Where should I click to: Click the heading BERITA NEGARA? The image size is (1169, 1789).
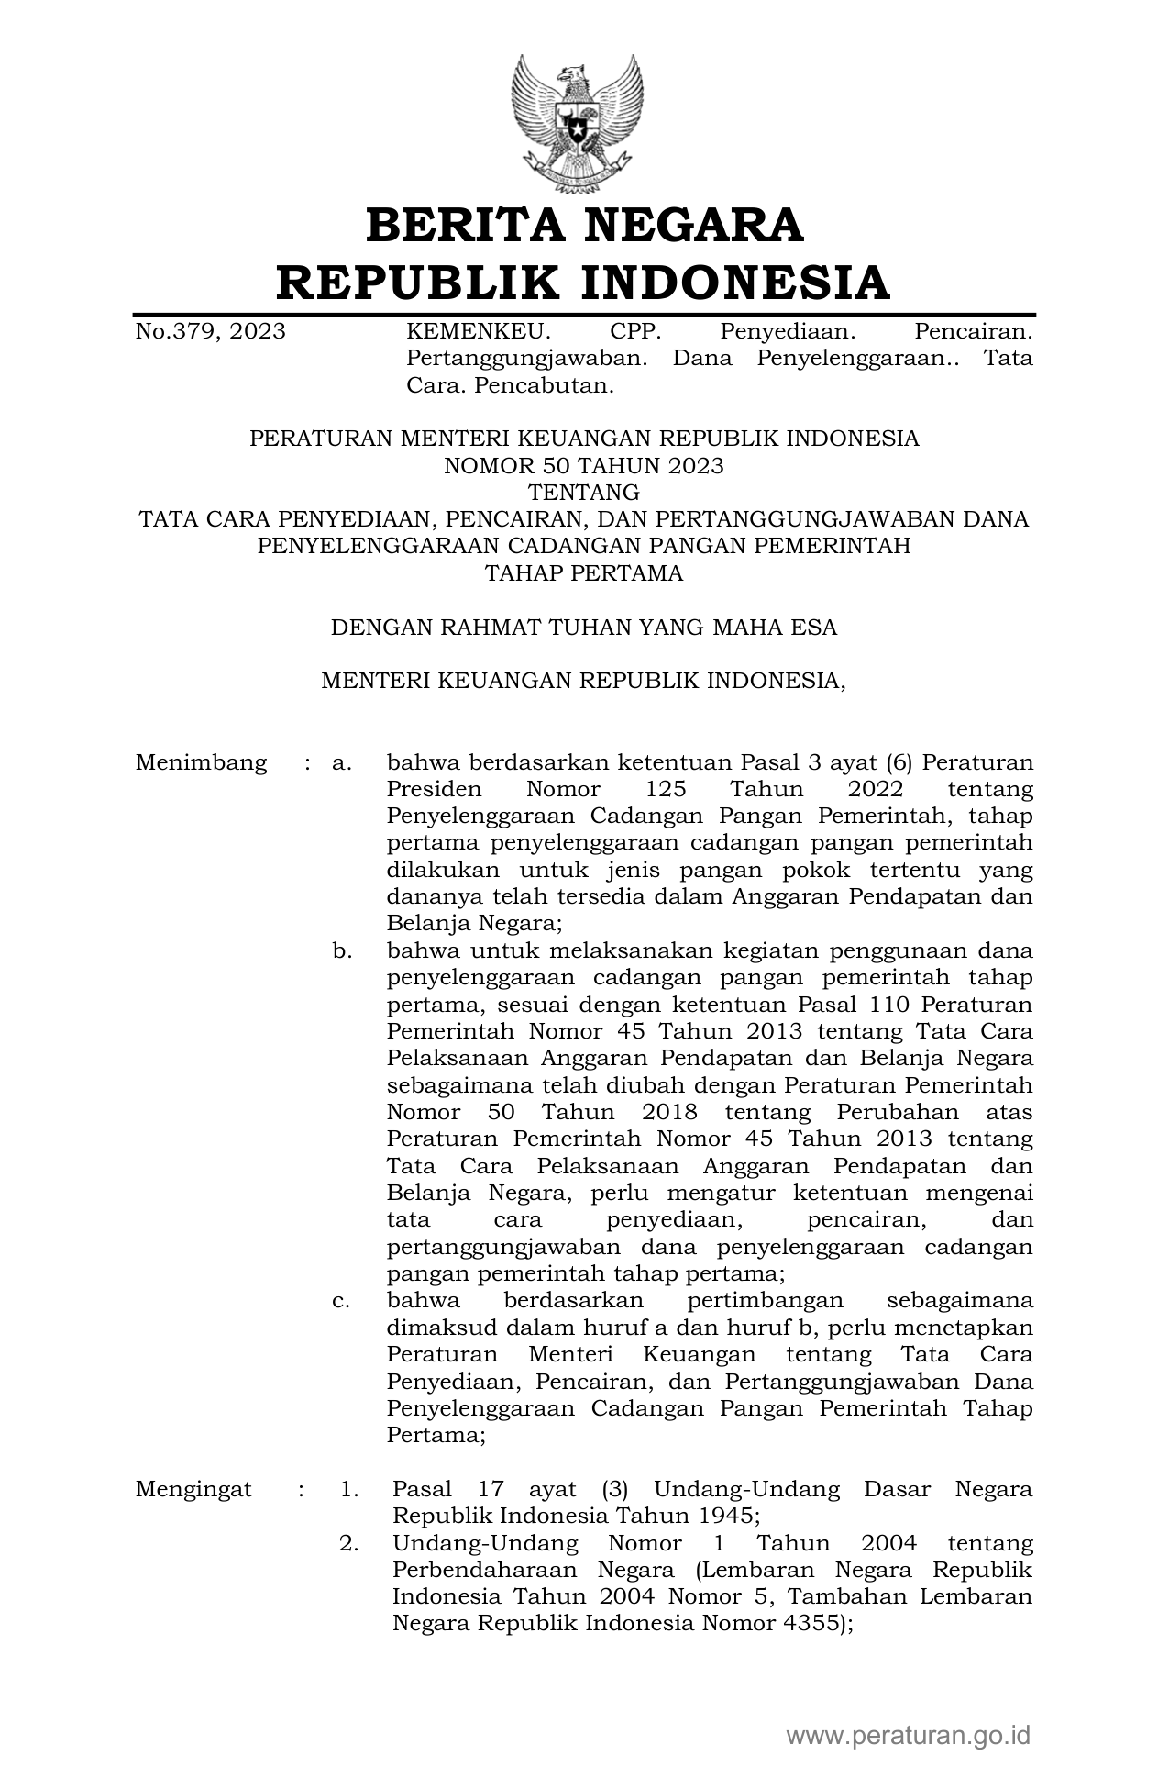(x=584, y=226)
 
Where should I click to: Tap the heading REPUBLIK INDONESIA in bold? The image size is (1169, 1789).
(x=584, y=283)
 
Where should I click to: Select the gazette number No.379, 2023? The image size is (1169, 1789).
(x=210, y=331)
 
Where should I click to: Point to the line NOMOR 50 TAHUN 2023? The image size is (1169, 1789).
(x=584, y=466)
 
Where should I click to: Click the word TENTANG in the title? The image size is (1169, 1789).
(x=584, y=493)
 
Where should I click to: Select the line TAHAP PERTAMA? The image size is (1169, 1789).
(x=584, y=574)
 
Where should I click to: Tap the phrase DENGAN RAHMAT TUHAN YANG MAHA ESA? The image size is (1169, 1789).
(x=584, y=628)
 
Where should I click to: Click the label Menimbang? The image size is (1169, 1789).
(x=201, y=762)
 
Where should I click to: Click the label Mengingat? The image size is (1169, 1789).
(x=193, y=1489)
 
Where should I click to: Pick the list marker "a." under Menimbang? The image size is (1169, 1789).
(x=342, y=762)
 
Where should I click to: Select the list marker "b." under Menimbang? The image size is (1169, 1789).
(x=342, y=951)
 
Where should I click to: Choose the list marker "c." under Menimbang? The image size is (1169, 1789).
(x=342, y=1301)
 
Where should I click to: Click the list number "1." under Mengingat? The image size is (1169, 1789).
(x=349, y=1489)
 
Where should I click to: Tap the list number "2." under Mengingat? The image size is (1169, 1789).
(x=349, y=1543)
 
